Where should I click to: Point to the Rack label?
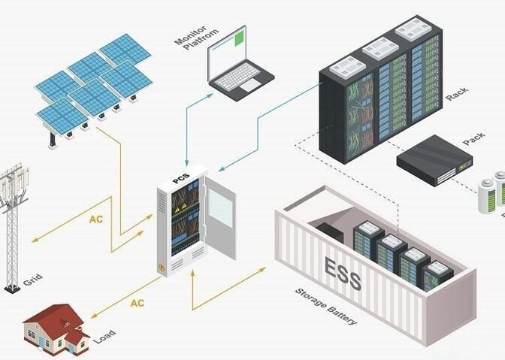click(x=457, y=95)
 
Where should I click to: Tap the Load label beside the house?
click(x=103, y=334)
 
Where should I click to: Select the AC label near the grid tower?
click(x=95, y=220)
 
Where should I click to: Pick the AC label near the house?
click(x=137, y=303)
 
